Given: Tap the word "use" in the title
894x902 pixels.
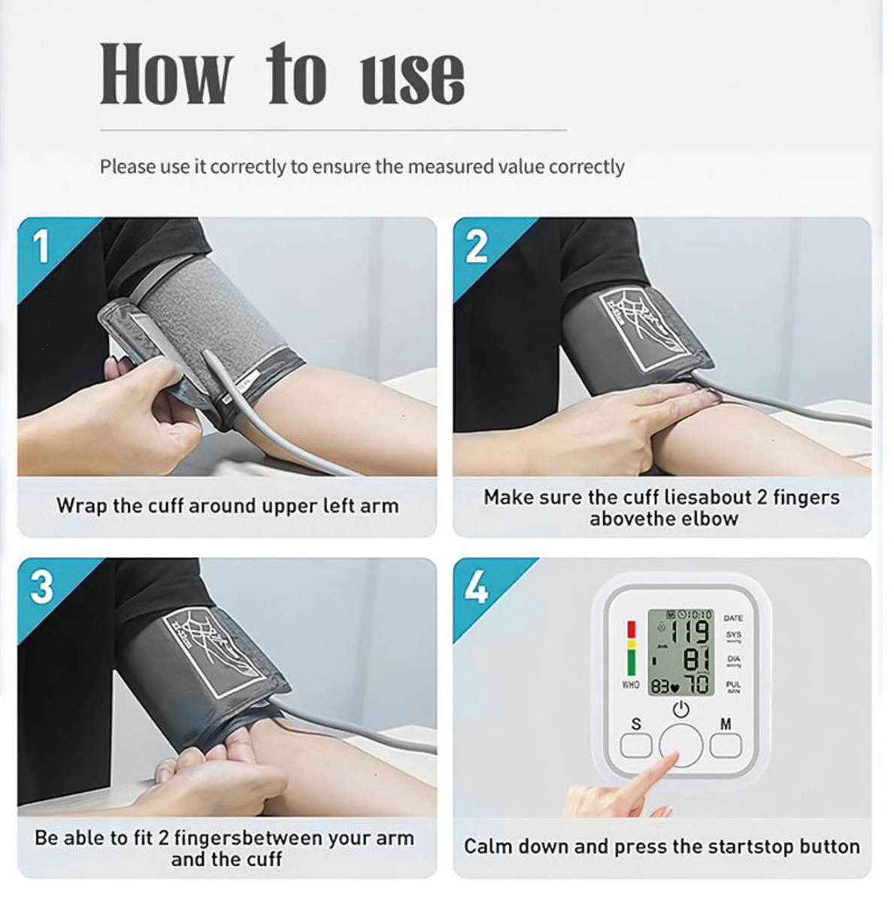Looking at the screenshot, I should (x=412, y=77).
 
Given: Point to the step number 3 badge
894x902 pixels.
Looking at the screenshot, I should (x=41, y=586).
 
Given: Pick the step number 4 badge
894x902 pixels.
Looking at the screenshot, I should (x=477, y=586).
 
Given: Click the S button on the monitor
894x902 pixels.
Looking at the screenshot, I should (x=636, y=745).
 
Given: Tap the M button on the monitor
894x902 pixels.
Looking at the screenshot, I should (x=726, y=745).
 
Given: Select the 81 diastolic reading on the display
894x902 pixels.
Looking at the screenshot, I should (x=696, y=660).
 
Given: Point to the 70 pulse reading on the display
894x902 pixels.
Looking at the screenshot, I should (x=697, y=685).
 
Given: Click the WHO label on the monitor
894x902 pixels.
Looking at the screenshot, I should (x=630, y=686).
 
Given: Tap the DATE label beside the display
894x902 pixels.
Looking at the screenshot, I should (x=733, y=618).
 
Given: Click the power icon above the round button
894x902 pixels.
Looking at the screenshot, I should (x=681, y=709).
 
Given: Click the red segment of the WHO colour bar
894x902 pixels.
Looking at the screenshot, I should (x=631, y=628).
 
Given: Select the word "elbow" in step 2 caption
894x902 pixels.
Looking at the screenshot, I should (x=713, y=519).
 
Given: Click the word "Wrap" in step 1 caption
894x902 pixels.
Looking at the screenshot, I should (x=81, y=506).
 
